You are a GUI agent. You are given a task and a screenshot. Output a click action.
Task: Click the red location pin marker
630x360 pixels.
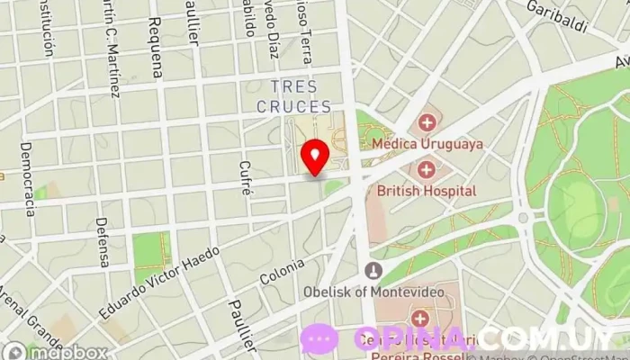(314, 156)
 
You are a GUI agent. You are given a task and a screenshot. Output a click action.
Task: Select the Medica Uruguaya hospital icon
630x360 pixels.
(426, 121)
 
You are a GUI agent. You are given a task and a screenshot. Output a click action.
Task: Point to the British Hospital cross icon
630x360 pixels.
(426, 168)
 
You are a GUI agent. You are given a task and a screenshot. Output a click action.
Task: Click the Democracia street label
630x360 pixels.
(27, 178)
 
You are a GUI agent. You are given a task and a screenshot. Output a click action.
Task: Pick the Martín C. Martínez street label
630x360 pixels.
(112, 49)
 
